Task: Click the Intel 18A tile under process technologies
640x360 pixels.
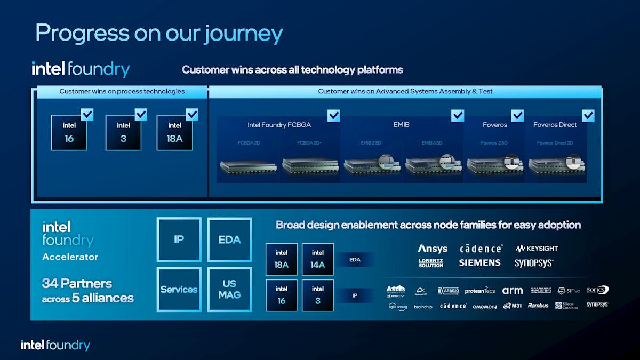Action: [174, 132]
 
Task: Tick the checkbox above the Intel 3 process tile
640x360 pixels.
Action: [141, 115]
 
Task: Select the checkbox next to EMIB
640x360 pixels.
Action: [458, 116]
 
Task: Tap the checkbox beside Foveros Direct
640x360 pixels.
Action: [588, 116]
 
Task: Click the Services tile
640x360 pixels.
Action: [179, 290]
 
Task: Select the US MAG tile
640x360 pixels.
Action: [229, 290]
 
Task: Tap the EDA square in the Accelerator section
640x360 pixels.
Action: [229, 239]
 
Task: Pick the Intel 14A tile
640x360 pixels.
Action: [318, 259]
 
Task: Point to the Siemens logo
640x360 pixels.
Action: [479, 263]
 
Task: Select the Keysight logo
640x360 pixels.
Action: [537, 249]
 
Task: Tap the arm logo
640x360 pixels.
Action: [513, 291]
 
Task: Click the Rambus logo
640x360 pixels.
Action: [538, 306]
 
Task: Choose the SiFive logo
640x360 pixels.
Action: [569, 291]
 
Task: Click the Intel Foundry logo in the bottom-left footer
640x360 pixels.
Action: [55, 345]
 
